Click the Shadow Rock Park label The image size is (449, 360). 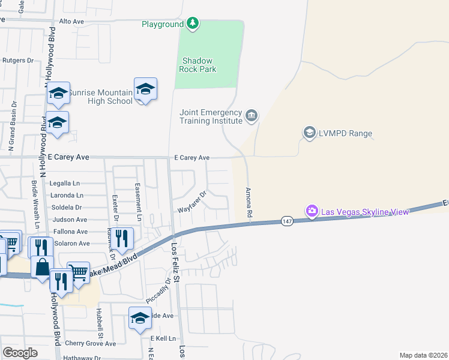pos(199,65)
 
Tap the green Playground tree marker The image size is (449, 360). pos(192,24)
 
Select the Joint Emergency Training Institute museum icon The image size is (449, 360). pos(252,115)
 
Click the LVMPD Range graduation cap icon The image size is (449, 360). pos(309,133)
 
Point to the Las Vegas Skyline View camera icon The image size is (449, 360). pos(312,211)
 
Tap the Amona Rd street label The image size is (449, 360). pos(248,202)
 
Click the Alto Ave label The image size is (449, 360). pos(71,21)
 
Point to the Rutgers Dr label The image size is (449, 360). pos(18,60)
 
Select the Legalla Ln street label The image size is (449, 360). pos(65,183)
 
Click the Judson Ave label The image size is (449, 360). pos(70,220)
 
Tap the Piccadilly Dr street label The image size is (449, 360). pos(158,290)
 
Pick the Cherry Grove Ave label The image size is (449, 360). pos(90,344)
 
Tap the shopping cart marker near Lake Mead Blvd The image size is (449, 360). pos(78,271)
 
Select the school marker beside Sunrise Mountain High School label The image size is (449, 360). pos(145,89)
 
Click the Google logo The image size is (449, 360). pos(20,353)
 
